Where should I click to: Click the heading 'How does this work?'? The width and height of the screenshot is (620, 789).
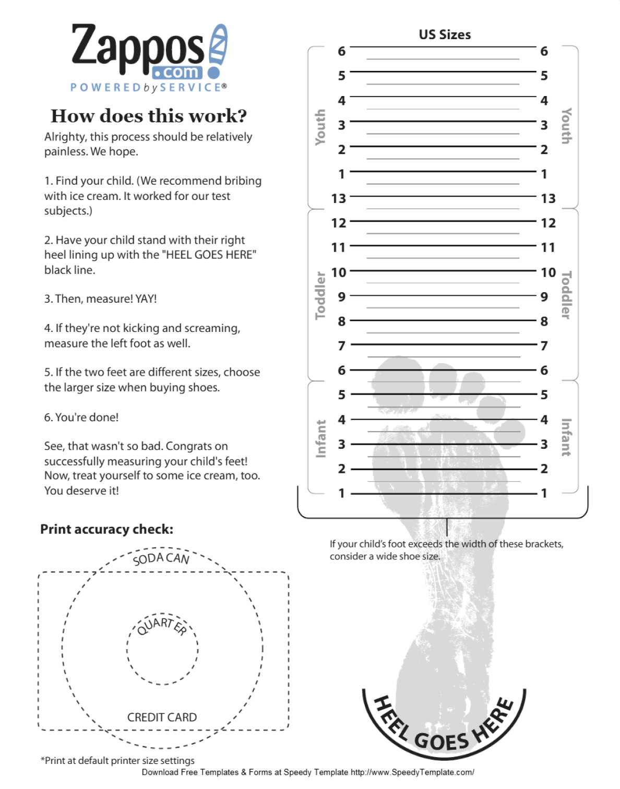[x=149, y=116]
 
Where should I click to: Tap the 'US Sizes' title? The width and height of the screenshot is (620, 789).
[x=445, y=35]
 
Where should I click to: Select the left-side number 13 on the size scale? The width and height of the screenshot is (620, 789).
[x=339, y=199]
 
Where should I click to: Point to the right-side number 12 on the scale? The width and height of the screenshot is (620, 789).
[x=548, y=223]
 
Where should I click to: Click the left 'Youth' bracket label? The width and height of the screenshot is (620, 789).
[x=320, y=127]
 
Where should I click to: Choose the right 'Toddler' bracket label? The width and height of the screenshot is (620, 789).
[x=566, y=295]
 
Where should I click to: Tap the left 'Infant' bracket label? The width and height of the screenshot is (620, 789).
[x=320, y=438]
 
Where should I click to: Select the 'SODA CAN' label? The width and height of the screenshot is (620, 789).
[x=161, y=558]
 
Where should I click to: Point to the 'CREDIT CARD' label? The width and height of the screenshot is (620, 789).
[x=162, y=718]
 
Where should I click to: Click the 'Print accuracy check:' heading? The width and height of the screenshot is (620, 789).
[x=106, y=529]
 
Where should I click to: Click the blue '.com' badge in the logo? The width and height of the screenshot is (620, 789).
[x=177, y=72]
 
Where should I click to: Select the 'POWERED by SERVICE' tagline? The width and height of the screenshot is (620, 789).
[x=148, y=87]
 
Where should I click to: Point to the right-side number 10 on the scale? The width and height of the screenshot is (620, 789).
[x=548, y=272]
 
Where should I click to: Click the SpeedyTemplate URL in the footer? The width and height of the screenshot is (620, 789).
[x=412, y=772]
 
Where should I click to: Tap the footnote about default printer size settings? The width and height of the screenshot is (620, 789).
[x=117, y=760]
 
